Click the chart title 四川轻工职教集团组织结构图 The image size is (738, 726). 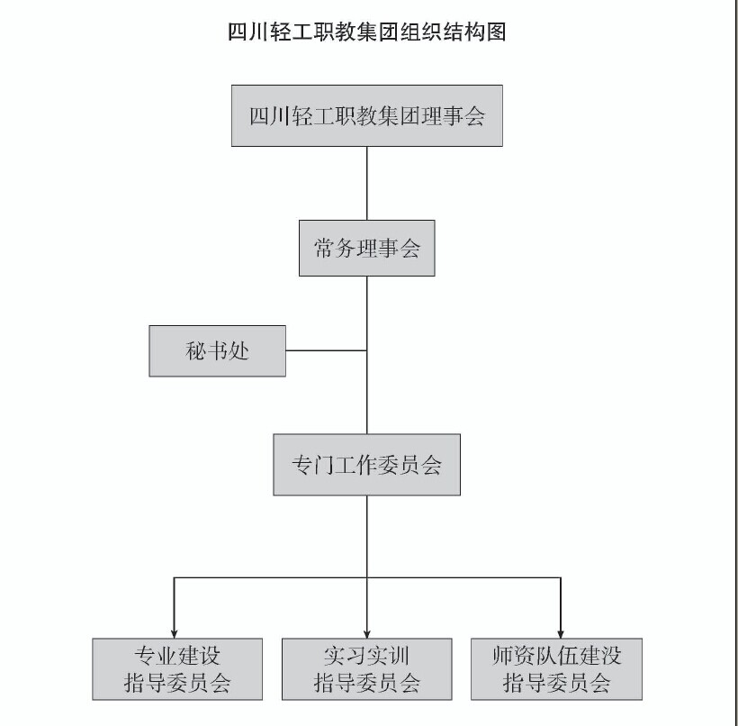click(x=368, y=33)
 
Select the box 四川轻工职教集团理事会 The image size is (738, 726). click(x=366, y=115)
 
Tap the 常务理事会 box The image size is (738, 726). click(x=366, y=248)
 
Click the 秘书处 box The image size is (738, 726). click(x=217, y=350)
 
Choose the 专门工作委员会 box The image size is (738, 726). click(x=366, y=465)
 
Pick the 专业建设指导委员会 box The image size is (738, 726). click(x=177, y=668)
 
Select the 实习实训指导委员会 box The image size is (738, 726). click(x=366, y=668)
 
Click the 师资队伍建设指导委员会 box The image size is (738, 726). click(x=556, y=668)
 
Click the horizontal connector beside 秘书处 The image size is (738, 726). click(x=326, y=350)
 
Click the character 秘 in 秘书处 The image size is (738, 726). click(x=194, y=350)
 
